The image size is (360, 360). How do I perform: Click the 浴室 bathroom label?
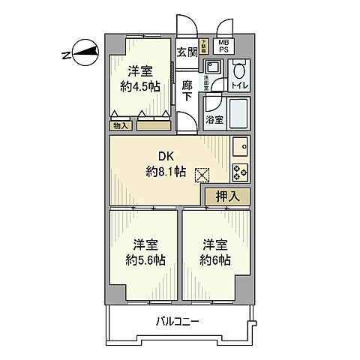click(214, 120)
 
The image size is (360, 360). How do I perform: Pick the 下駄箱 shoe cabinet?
click(203, 46)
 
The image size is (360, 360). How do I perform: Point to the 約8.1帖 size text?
click(166, 172)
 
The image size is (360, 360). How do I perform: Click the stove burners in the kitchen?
click(241, 172)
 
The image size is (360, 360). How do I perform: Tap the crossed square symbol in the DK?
click(202, 175)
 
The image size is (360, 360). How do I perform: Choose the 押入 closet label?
click(227, 196)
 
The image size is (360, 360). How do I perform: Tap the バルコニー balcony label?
click(177, 322)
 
